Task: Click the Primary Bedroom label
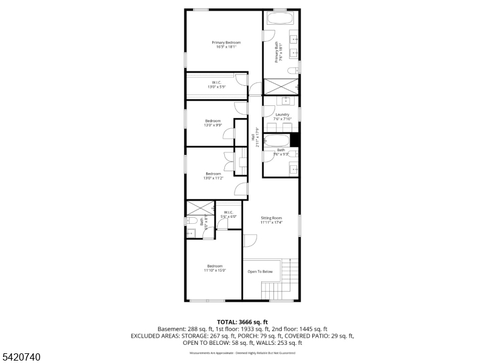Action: pyautogui.click(x=226, y=45)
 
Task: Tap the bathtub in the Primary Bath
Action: pyautogui.click(x=280, y=18)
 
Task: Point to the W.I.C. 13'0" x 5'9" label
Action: pyautogui.click(x=216, y=85)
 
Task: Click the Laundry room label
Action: pyautogui.click(x=282, y=117)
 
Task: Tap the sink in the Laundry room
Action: pyautogui.click(x=285, y=100)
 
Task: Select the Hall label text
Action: pyautogui.click(x=257, y=138)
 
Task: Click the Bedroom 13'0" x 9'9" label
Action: pyautogui.click(x=213, y=123)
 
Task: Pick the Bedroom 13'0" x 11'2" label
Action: pyautogui.click(x=213, y=176)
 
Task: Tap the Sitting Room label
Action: pyautogui.click(x=272, y=220)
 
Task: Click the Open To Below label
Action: pyautogui.click(x=260, y=272)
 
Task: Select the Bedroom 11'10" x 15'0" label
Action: pyautogui.click(x=215, y=268)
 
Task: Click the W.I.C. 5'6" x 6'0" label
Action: pyautogui.click(x=229, y=214)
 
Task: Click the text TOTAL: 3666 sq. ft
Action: pyautogui.click(x=242, y=322)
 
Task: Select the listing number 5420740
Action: pyautogui.click(x=21, y=357)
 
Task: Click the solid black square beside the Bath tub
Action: pyautogui.click(x=295, y=140)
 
